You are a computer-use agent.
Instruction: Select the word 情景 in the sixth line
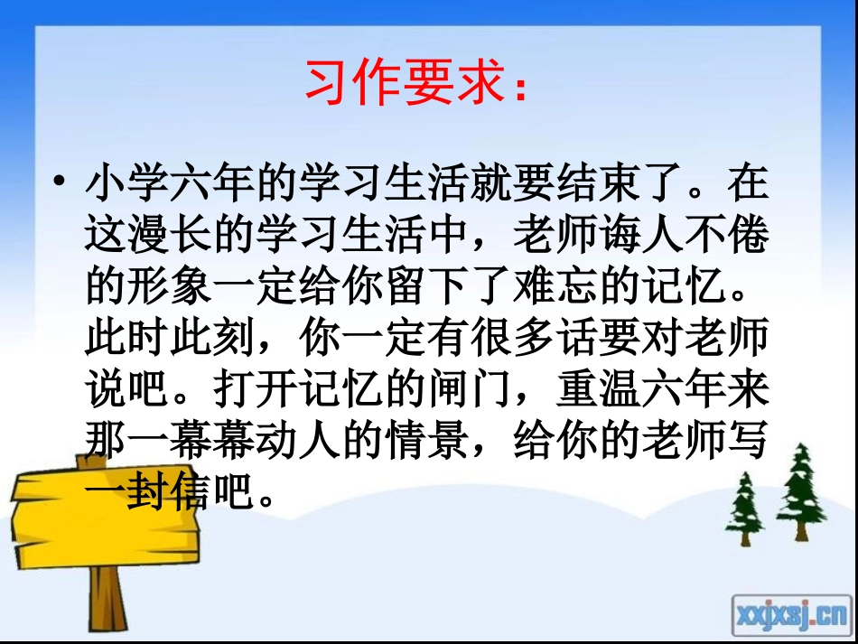[x=425, y=440]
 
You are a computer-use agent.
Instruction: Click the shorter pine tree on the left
[x=746, y=511]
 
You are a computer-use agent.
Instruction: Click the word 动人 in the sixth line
[x=297, y=440]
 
